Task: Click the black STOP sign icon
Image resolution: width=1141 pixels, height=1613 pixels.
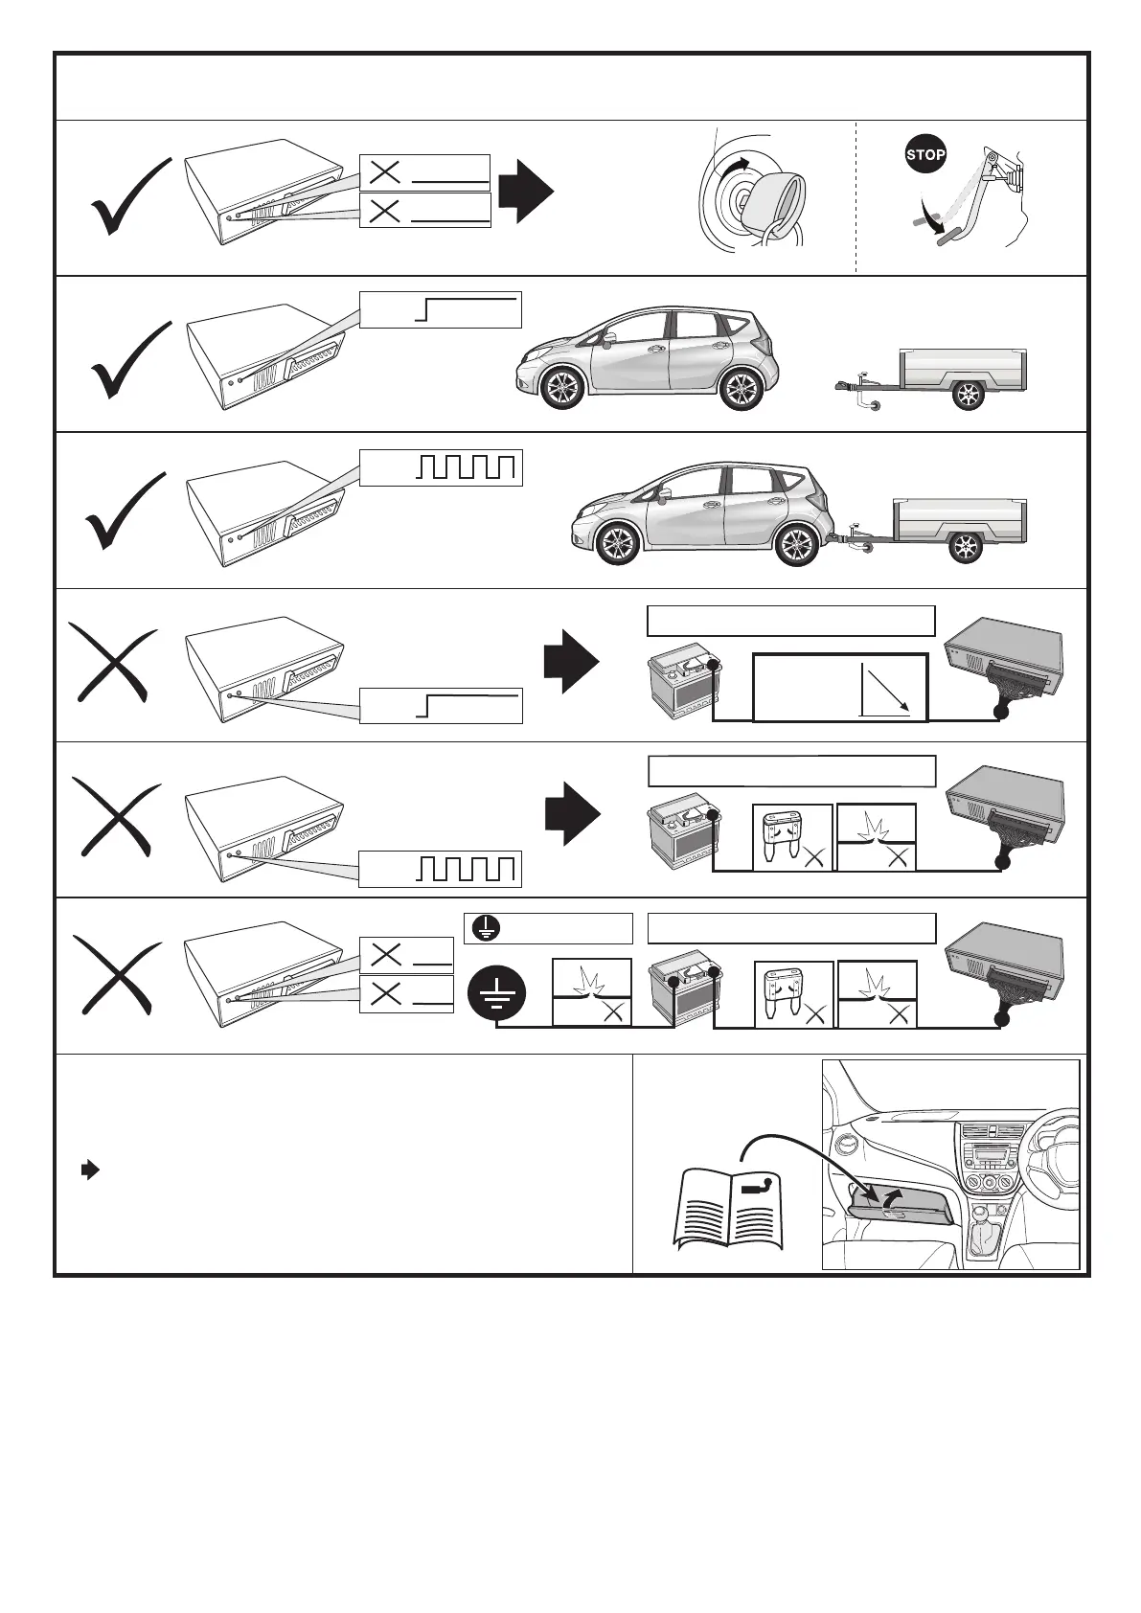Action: (925, 155)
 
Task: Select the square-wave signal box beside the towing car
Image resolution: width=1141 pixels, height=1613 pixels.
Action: (441, 466)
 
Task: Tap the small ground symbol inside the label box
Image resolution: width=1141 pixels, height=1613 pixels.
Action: (485, 928)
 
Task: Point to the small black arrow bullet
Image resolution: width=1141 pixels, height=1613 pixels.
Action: (89, 1170)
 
